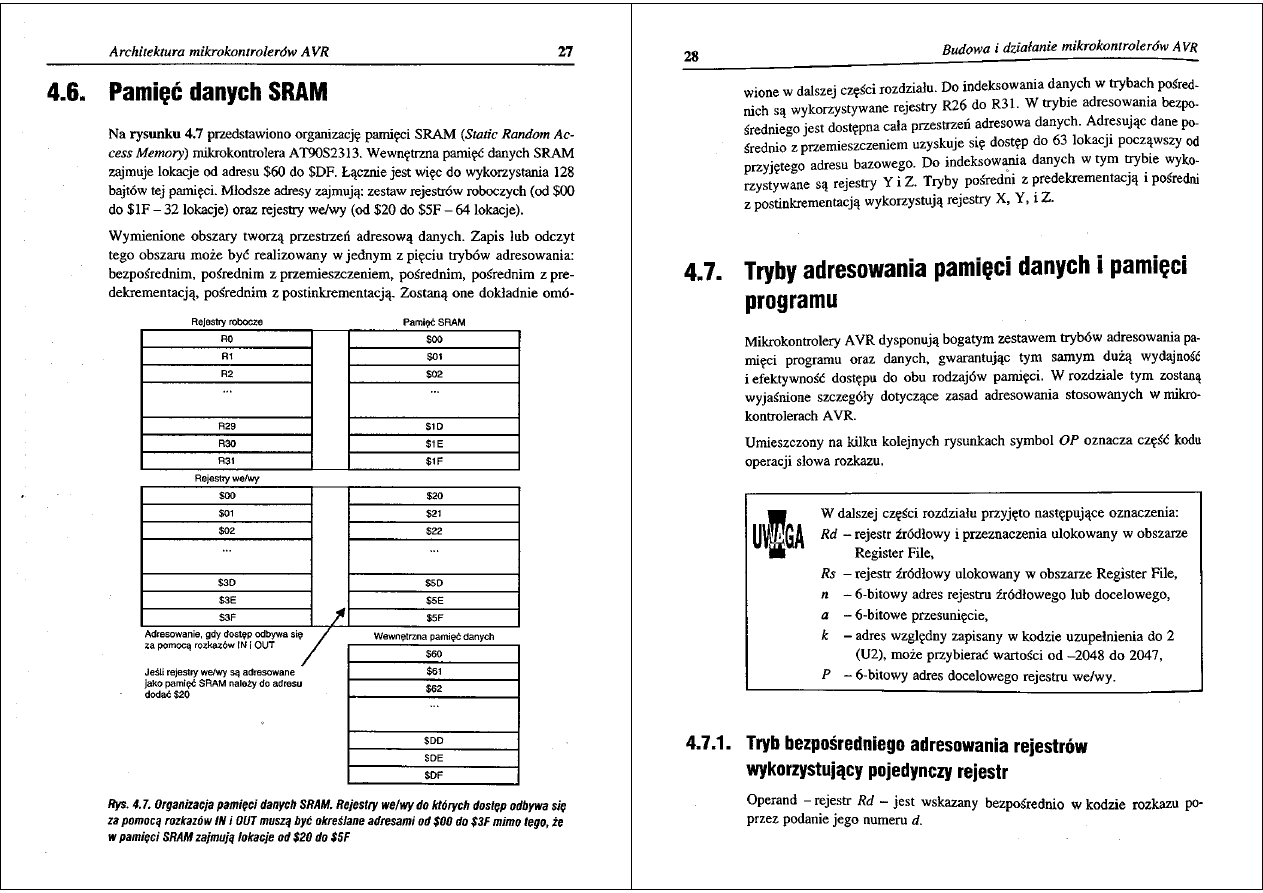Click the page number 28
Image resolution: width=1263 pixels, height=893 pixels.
691,56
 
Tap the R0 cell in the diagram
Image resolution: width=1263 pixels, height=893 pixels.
226,339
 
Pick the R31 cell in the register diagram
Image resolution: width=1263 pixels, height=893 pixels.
226,461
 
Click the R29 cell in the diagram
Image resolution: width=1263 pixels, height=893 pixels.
226,426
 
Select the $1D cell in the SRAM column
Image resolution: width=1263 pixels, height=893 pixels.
433,426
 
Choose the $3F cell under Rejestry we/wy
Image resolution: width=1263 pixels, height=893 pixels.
226,617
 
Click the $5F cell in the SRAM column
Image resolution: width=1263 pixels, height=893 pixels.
433,617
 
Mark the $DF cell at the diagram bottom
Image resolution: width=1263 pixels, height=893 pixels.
433,774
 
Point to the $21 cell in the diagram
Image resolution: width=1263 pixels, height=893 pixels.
433,513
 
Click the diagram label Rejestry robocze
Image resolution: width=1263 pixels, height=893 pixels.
226,322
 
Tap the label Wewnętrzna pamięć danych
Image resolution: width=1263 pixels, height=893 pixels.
433,636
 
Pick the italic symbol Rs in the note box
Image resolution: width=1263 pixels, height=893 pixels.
828,574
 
